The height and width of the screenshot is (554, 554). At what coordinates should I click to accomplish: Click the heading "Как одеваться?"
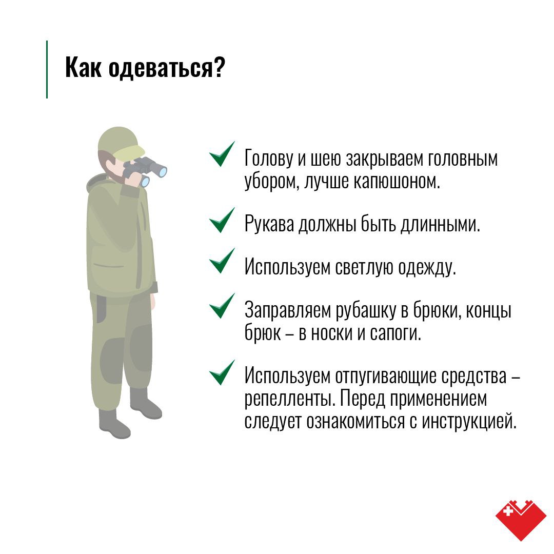(x=145, y=68)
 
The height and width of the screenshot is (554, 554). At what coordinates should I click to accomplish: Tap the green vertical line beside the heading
(x=47, y=69)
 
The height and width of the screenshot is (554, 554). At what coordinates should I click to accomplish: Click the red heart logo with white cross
(x=521, y=520)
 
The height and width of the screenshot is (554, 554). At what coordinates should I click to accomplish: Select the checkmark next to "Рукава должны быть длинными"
(x=222, y=220)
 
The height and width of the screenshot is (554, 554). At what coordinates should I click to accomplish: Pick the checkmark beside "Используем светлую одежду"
(x=222, y=261)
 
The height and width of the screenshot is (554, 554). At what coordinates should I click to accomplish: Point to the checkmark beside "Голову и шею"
(x=222, y=154)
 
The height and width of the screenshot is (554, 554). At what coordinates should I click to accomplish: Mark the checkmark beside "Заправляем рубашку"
(x=222, y=306)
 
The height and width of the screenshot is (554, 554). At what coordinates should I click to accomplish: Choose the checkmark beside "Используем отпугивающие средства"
(x=222, y=372)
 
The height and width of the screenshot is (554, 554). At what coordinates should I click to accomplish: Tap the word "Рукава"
(x=269, y=224)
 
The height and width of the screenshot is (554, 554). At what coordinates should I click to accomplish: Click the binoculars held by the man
(x=145, y=171)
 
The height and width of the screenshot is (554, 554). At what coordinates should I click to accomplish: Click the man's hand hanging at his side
(x=153, y=302)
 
